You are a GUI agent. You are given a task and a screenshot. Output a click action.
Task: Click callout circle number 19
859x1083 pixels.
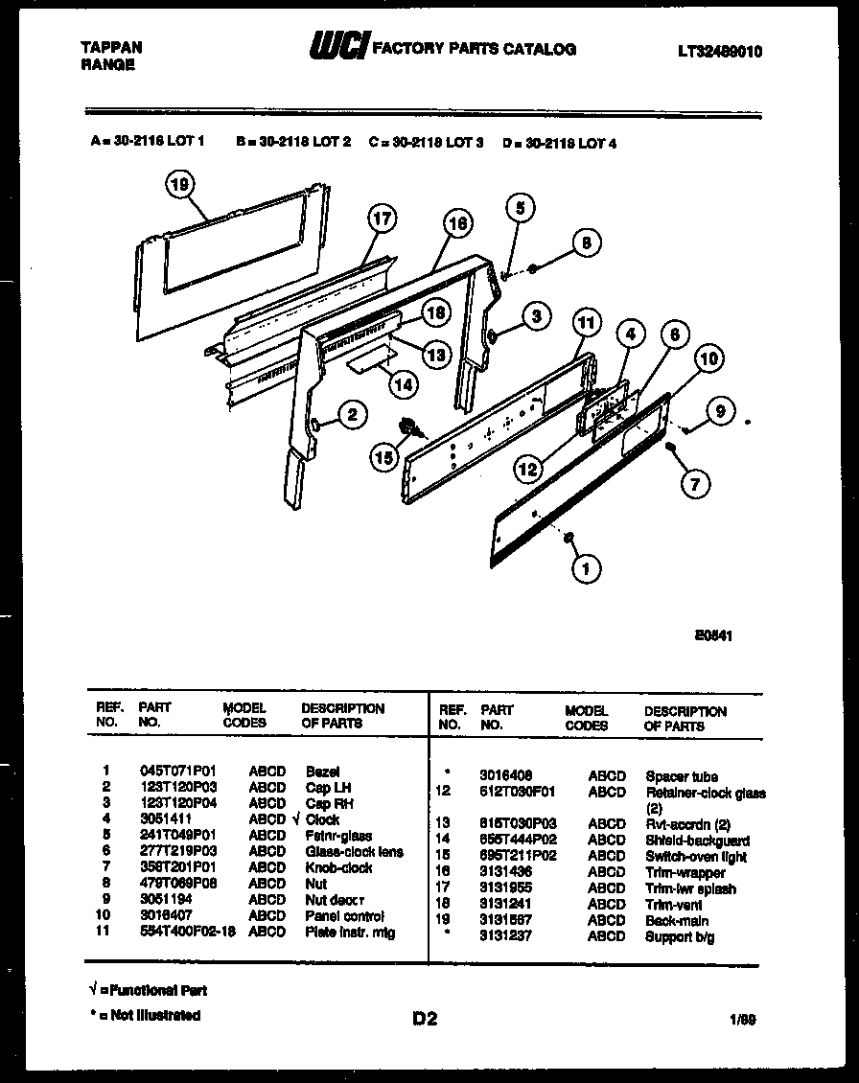click(x=179, y=184)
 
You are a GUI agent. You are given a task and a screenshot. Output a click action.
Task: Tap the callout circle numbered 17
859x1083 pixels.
click(x=382, y=219)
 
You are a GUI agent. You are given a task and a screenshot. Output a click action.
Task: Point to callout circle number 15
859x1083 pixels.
click(x=384, y=459)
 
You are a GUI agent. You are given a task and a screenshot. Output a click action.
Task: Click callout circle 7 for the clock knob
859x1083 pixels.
click(x=696, y=484)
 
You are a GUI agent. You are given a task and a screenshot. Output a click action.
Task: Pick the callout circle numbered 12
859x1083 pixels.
click(x=527, y=469)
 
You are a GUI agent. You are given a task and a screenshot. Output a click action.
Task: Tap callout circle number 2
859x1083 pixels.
click(x=353, y=414)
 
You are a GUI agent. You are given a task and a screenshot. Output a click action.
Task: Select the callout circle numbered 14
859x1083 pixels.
click(x=404, y=383)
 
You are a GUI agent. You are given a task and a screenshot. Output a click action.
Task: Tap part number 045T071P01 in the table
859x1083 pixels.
click(x=178, y=771)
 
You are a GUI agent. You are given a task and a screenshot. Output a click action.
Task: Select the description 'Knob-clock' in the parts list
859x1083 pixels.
click(x=338, y=868)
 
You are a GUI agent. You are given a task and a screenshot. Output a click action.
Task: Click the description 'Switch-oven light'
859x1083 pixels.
click(x=696, y=857)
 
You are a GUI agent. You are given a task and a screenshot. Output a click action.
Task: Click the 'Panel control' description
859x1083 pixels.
click(x=344, y=916)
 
